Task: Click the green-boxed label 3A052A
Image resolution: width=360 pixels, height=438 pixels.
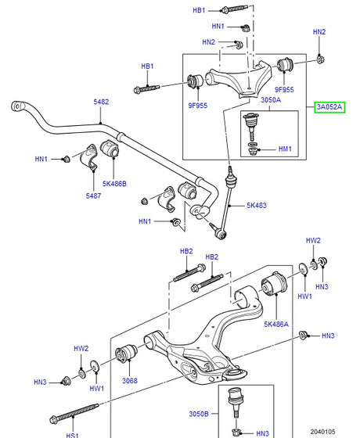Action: [329, 107]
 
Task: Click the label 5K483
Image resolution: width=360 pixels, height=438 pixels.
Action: [256, 206]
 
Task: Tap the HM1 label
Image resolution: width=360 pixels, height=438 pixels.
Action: [284, 149]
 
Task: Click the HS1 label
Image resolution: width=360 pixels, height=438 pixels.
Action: [72, 435]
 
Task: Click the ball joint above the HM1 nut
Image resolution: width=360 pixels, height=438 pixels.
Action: [252, 122]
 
